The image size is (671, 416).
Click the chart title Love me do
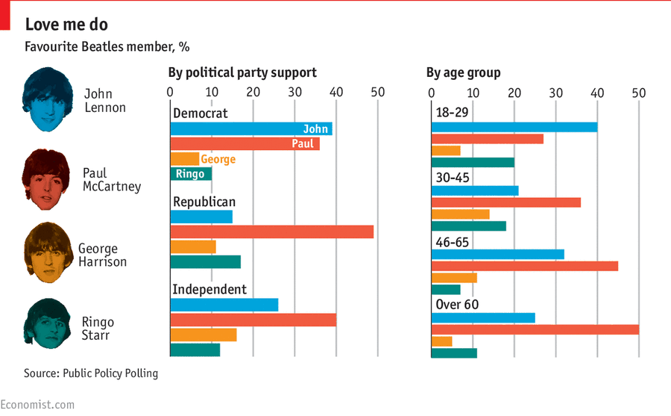tap(66, 24)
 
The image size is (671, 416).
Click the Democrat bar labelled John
tap(251, 129)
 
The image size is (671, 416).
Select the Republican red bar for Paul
tap(271, 232)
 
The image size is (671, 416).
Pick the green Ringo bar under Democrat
tap(191, 174)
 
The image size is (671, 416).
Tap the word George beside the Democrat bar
tap(218, 159)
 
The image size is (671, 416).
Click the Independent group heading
tap(210, 290)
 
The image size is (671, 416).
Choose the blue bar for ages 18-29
tap(514, 127)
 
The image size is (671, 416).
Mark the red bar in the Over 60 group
tap(535, 329)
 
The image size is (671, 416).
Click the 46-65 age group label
tap(456, 242)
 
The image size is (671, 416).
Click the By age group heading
tap(463, 72)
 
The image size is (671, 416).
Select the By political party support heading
tap(242, 72)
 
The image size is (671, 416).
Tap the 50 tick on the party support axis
tap(377, 93)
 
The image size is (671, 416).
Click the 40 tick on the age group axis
tap(596, 93)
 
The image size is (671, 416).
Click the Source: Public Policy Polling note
tap(91, 373)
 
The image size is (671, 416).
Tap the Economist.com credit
tap(37, 405)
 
